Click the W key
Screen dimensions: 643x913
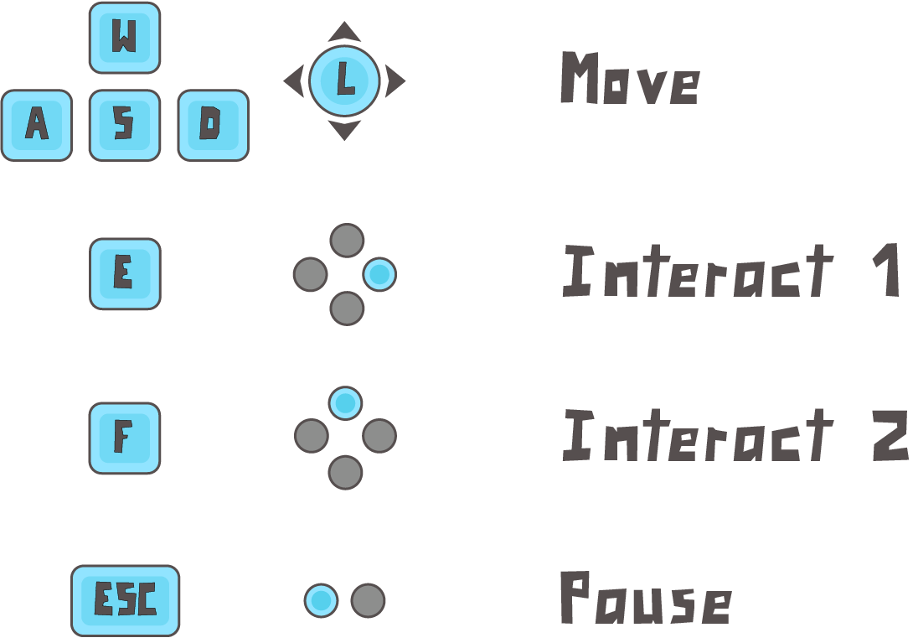click(x=124, y=38)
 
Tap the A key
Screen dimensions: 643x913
click(x=36, y=125)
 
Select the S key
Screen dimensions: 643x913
click(x=124, y=125)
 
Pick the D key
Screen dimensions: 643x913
click(x=213, y=125)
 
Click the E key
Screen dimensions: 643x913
click(x=124, y=273)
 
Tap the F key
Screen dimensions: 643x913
click(x=124, y=438)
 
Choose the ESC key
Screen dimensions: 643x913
click(x=125, y=600)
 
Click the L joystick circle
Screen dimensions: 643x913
click(x=344, y=80)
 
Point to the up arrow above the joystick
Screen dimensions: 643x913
click(x=344, y=33)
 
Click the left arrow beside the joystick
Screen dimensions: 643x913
click(x=293, y=81)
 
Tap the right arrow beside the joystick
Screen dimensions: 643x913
click(x=395, y=81)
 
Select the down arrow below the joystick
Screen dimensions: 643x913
click(x=344, y=130)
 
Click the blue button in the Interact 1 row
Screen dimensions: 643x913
click(x=379, y=274)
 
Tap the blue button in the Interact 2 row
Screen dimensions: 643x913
click(x=345, y=403)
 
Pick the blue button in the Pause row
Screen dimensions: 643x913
click(x=321, y=600)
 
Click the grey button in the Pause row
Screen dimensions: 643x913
click(x=368, y=600)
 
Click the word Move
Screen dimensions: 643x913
click(x=629, y=80)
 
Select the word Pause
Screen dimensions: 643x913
click(x=644, y=599)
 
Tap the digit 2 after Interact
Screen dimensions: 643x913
click(x=890, y=436)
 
